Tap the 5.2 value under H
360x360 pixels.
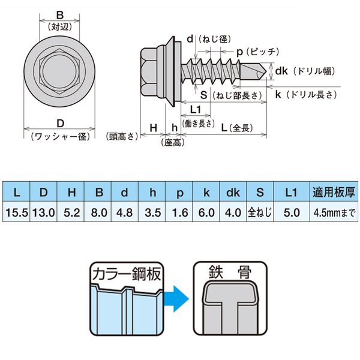coord(71,212)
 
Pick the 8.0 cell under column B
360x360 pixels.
coord(99,212)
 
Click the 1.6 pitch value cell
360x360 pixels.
coord(179,212)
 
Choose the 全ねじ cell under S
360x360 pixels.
coord(259,212)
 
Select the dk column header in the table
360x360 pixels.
coord(233,193)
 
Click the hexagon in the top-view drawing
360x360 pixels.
coord(59,71)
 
